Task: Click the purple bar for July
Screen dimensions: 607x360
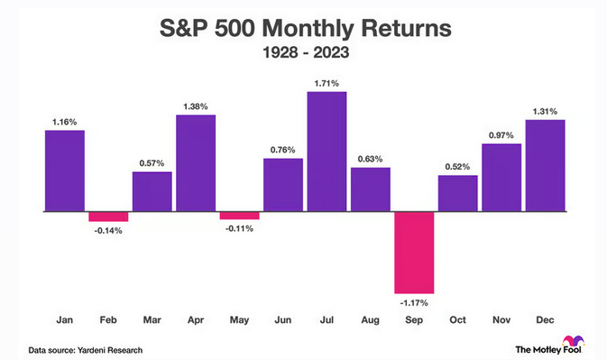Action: click(x=326, y=152)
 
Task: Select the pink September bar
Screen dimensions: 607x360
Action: click(x=414, y=253)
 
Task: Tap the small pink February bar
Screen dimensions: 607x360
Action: click(x=108, y=217)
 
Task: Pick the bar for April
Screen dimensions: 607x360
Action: click(x=196, y=163)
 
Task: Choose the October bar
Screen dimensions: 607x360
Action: click(x=458, y=193)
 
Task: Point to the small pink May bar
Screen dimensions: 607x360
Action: click(x=240, y=216)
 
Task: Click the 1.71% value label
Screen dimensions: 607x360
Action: click(x=326, y=83)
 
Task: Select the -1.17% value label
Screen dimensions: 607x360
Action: click(x=414, y=303)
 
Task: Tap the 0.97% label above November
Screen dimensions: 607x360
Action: click(x=501, y=135)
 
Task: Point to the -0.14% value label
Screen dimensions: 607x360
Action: click(x=108, y=231)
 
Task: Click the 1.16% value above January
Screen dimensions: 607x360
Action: click(x=65, y=122)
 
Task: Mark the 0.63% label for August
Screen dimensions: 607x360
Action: click(x=370, y=159)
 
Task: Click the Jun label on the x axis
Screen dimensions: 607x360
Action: click(x=283, y=319)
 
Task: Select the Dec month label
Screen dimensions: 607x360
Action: click(x=545, y=319)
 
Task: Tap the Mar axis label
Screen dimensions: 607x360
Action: click(x=152, y=319)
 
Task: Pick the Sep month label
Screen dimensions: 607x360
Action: click(x=414, y=320)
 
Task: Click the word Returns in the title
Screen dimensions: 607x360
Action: click(x=406, y=28)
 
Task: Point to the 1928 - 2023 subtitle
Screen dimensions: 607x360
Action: click(x=306, y=52)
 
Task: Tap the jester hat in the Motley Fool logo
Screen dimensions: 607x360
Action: click(x=574, y=341)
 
